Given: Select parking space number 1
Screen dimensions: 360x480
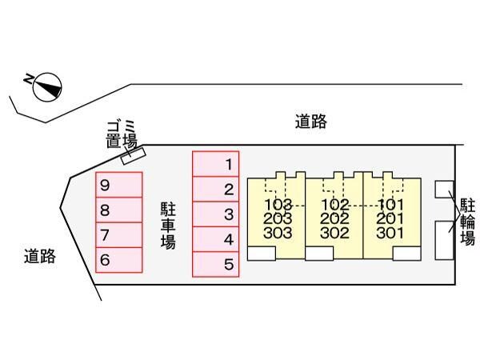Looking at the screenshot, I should point(215,165).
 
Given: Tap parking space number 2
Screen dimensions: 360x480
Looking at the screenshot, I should point(215,190).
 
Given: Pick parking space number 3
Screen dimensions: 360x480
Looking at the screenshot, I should point(215,214).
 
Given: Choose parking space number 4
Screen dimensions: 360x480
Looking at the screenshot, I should point(215,239).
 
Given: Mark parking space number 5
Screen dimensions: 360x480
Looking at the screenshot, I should point(215,264).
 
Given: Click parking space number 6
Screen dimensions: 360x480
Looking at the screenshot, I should point(118,260).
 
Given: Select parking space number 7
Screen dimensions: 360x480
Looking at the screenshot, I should point(118,235).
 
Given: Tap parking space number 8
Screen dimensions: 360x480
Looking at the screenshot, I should point(118,210).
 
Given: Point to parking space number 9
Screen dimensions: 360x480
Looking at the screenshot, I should point(118,186).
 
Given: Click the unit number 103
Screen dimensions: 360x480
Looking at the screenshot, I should point(277,205).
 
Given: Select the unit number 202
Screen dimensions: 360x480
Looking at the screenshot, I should point(334,218).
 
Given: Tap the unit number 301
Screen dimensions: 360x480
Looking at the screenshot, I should point(391,234).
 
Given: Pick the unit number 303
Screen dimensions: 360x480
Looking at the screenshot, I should point(277,234).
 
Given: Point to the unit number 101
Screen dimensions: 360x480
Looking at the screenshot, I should point(391,205).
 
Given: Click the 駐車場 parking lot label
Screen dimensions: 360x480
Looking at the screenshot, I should point(168,225).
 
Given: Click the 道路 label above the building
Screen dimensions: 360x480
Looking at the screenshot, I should point(311,122).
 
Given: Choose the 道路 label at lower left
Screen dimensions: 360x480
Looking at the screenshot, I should point(39,257).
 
